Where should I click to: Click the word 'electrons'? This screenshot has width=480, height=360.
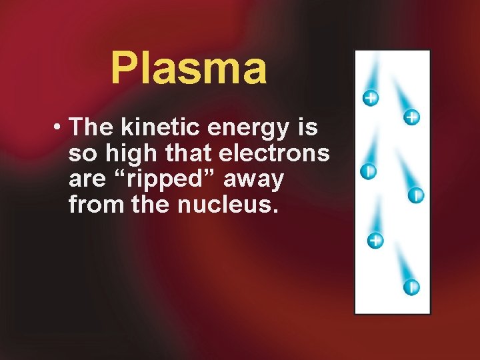(275, 153)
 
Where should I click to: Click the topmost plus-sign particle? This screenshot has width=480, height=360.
(371, 98)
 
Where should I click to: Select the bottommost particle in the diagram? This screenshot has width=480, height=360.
(411, 288)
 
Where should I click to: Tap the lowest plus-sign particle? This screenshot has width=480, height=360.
(376, 240)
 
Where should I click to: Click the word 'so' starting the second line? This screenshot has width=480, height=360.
(82, 154)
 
